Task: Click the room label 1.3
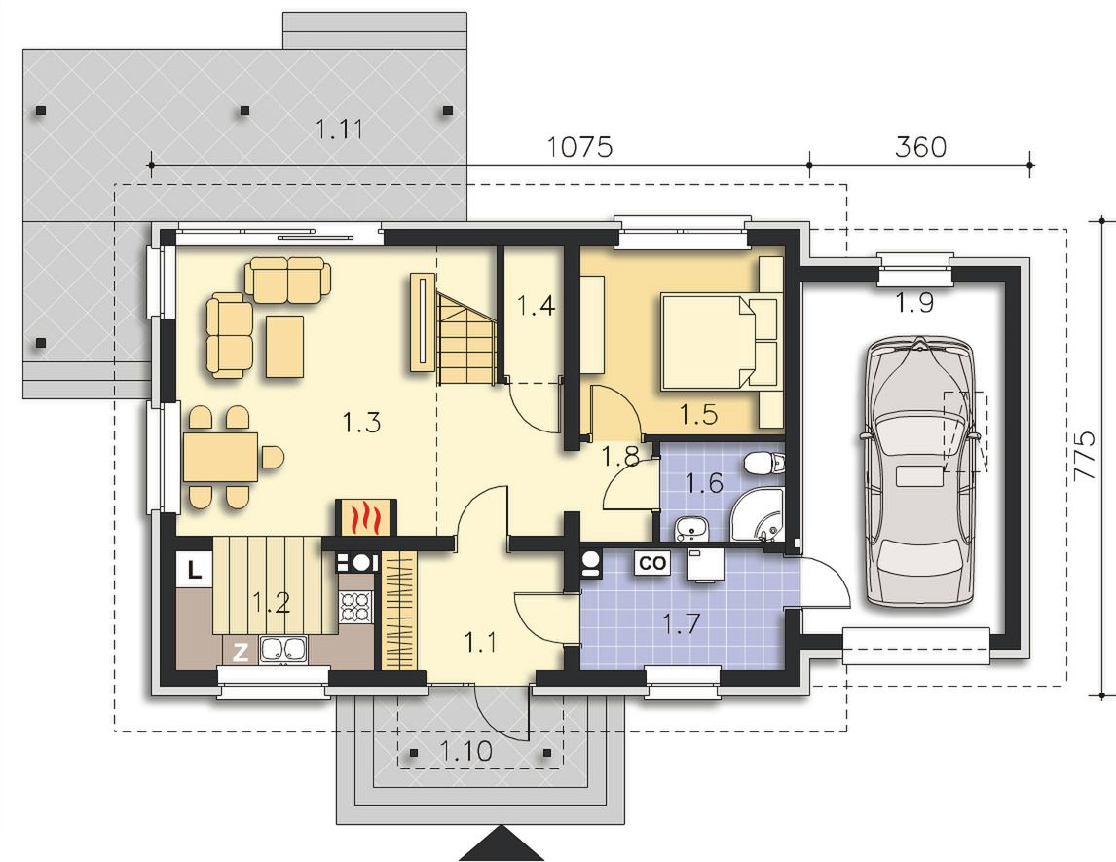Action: pyautogui.click(x=361, y=423)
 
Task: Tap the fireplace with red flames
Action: pyautogui.click(x=363, y=517)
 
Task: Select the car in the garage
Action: pyautogui.click(x=919, y=472)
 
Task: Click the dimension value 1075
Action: pyautogui.click(x=579, y=147)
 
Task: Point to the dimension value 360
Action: pyautogui.click(x=920, y=147)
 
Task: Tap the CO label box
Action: pyautogui.click(x=651, y=563)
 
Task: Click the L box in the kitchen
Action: pyautogui.click(x=195, y=568)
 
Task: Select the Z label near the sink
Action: pyautogui.click(x=241, y=652)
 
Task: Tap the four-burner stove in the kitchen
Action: pyautogui.click(x=355, y=607)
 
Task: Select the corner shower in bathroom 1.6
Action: pyautogui.click(x=757, y=514)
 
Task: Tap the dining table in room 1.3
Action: pyautogui.click(x=219, y=456)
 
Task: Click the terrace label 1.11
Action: pyautogui.click(x=340, y=130)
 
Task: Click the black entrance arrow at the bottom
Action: pyautogui.click(x=503, y=843)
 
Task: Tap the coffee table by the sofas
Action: pyautogui.click(x=284, y=346)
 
